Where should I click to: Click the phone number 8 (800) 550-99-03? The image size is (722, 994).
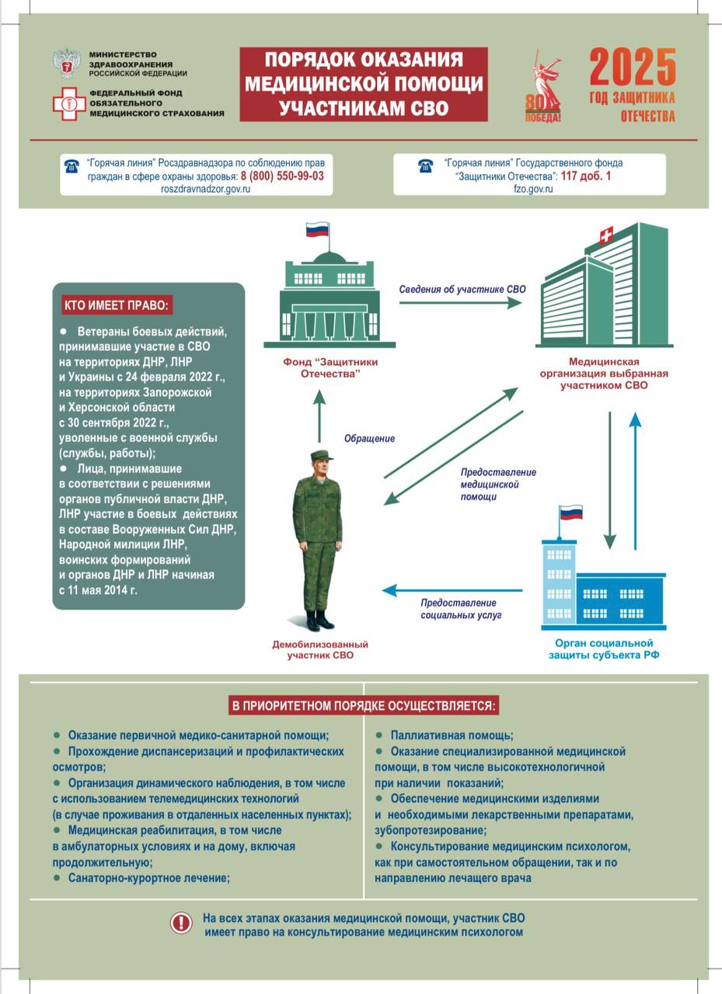(282, 176)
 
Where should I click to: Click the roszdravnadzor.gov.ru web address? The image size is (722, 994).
(205, 189)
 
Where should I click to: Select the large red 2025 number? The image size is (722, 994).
(633, 68)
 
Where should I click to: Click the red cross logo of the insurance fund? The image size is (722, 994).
(69, 103)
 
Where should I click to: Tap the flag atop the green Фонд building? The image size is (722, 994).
(318, 230)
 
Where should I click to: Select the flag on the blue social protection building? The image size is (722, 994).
(571, 513)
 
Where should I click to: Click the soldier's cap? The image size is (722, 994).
(321, 456)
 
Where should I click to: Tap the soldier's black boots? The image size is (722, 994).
(319, 620)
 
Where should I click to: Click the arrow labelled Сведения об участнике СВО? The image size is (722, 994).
(460, 303)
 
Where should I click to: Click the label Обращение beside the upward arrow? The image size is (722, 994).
(369, 439)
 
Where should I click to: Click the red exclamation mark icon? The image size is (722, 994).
(181, 923)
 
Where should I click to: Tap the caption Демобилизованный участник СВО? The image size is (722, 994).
(320, 650)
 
